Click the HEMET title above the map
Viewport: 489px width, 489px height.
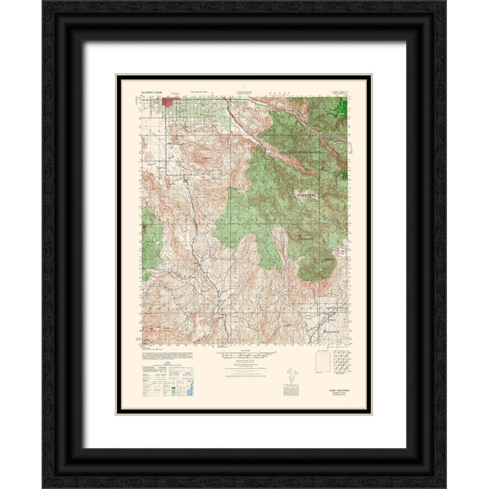(243, 91)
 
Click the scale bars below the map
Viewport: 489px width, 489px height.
(243, 353)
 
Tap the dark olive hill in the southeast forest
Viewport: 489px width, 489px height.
(316, 266)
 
